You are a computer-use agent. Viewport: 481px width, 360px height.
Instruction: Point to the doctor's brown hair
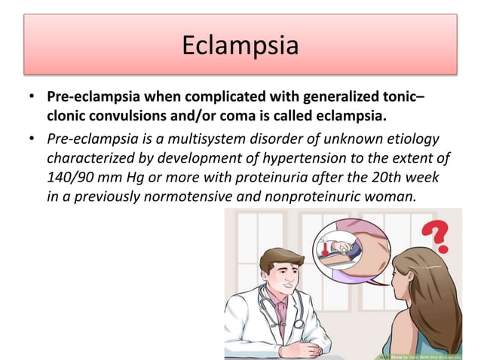pyautogui.click(x=277, y=256)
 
